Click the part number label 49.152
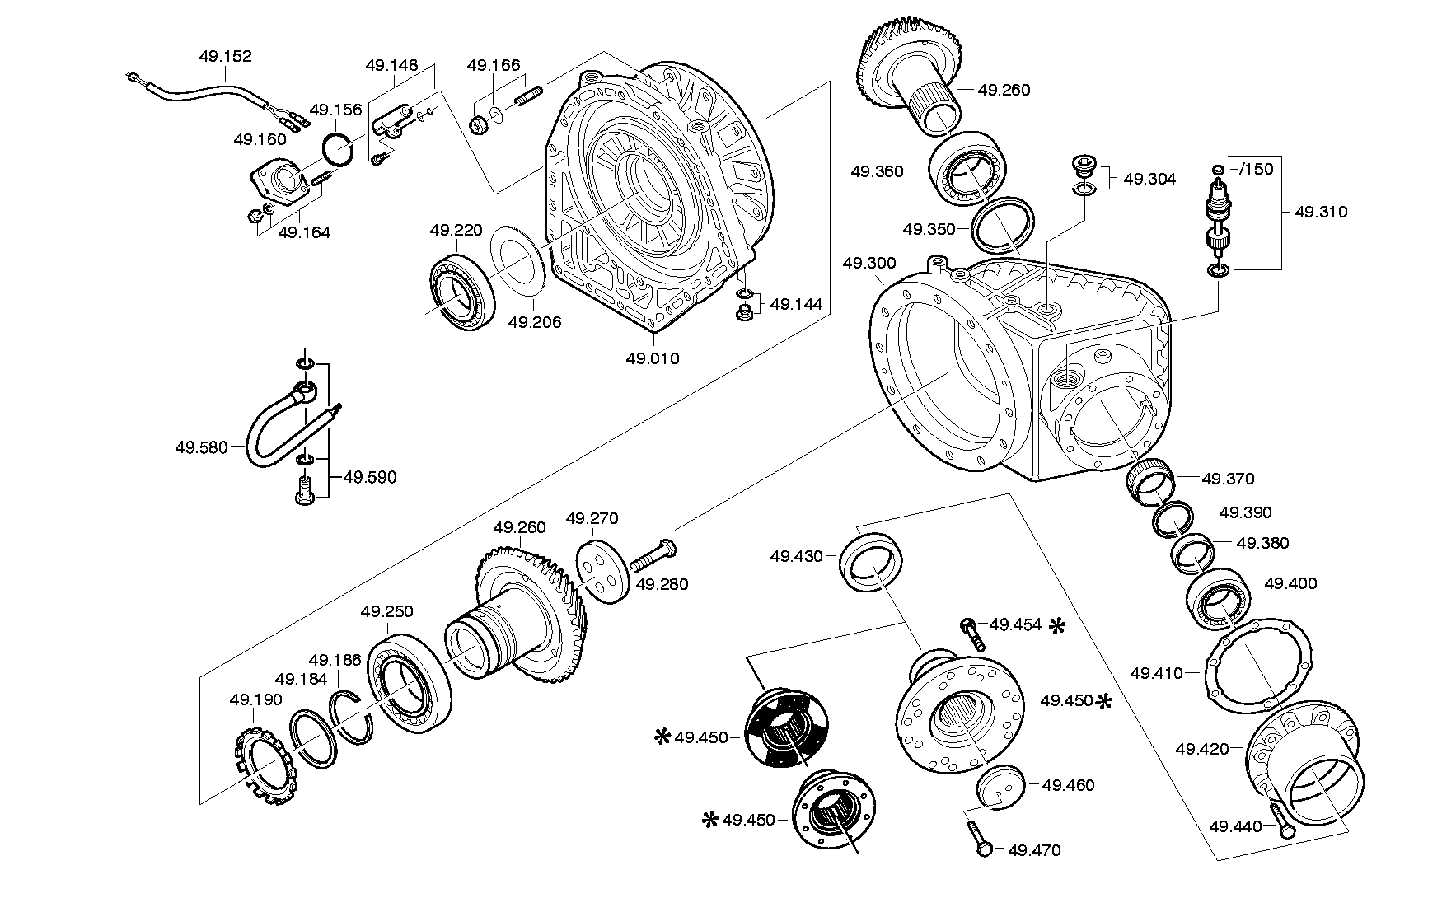pyautogui.click(x=225, y=57)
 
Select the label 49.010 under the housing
pyautogui.click(x=653, y=358)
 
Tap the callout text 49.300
pyautogui.click(x=869, y=264)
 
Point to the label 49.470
pyautogui.click(x=1034, y=850)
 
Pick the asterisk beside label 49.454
pyautogui.click(x=1056, y=626)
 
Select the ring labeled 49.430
pyautogui.click(x=872, y=562)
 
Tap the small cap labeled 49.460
pyautogui.click(x=1000, y=788)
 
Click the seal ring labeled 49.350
pyautogui.click(x=1003, y=224)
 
